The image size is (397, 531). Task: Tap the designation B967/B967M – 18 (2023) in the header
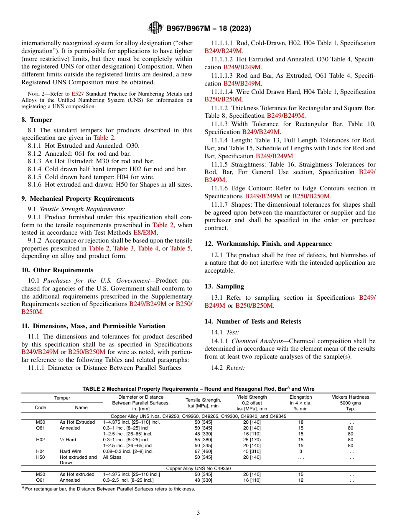tap(209, 29)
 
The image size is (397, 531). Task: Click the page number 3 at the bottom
tap(198, 513)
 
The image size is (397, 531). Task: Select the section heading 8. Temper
tap(37, 120)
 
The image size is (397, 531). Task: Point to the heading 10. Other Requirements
tap(57, 270)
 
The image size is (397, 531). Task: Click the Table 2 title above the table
tap(198, 389)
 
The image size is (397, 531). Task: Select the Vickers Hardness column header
tap(350, 400)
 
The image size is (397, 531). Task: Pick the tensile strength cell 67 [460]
tap(203, 451)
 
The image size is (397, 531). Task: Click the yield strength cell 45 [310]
tap(252, 451)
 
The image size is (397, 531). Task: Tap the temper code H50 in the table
tap(41, 457)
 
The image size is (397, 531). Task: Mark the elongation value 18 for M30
tap(300, 422)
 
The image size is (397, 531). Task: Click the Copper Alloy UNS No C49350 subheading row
tap(198, 468)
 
